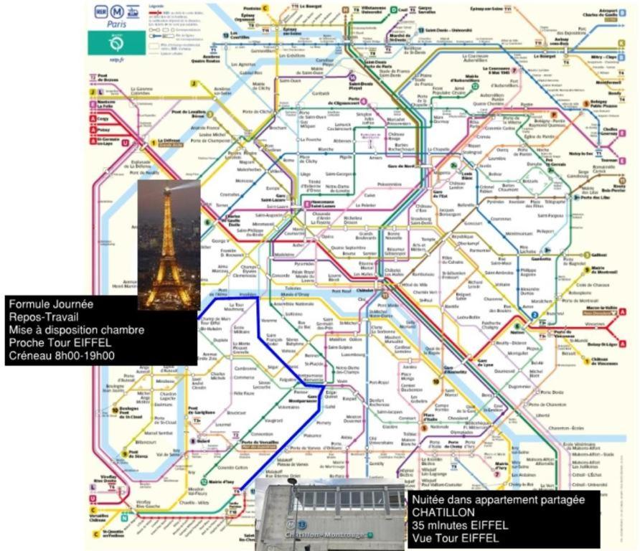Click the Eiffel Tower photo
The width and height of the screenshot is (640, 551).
(x=169, y=245)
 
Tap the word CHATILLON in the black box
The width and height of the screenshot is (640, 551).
(x=443, y=512)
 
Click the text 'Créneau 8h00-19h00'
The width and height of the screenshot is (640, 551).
(x=62, y=355)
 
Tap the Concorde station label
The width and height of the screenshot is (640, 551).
(x=281, y=275)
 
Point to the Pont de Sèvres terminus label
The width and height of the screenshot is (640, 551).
(x=138, y=453)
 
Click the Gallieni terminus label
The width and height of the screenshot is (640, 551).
(x=600, y=254)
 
